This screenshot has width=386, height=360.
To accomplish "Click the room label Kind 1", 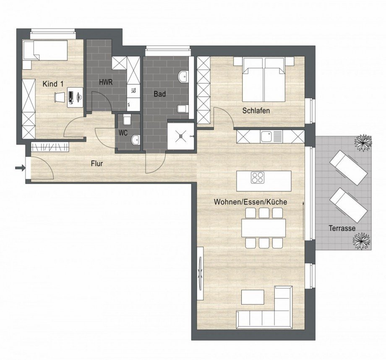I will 53,84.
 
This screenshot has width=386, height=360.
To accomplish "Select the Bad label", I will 159,94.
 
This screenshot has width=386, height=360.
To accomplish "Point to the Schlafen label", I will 256,111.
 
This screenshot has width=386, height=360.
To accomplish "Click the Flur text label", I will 97,164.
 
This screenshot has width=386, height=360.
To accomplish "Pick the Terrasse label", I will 342,228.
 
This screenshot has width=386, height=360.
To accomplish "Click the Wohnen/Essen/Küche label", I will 250,202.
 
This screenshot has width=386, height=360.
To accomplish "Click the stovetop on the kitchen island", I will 257,178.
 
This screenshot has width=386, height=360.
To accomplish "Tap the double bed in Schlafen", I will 264,80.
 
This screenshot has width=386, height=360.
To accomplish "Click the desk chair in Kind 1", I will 60,97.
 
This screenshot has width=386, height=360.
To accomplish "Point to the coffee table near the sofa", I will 253,297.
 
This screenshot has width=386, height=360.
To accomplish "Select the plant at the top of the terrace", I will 363,143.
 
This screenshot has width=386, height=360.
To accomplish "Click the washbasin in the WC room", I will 135,139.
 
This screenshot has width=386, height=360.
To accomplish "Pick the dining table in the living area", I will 263,227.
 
